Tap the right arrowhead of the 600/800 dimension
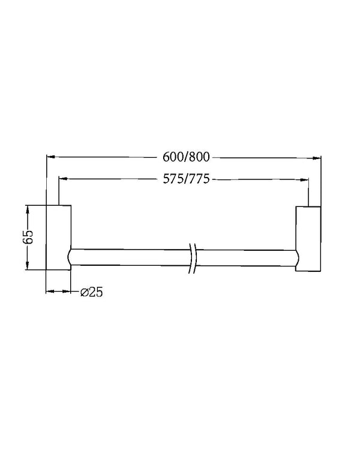click(316, 158)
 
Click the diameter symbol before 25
click(83, 292)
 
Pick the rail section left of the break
click(129, 257)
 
